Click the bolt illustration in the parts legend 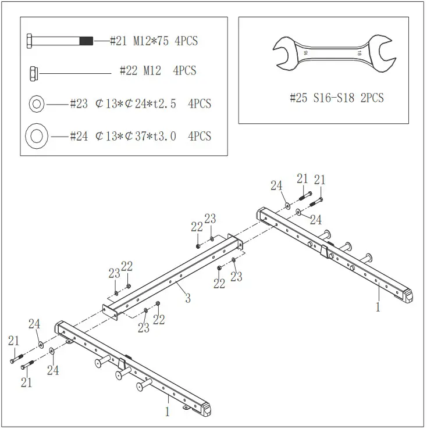coord(58,41)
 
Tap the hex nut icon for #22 coord(33,73)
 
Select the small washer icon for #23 coord(36,105)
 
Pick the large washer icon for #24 coord(37,137)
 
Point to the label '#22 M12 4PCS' coord(158,71)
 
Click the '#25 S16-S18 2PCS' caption coord(336,98)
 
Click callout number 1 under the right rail coord(378,307)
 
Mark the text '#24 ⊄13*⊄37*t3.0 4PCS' coord(140,137)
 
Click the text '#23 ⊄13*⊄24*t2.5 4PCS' coord(140,105)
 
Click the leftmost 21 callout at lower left coord(13,341)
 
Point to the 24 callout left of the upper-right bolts coord(277,185)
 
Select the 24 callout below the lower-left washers coord(53,370)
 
